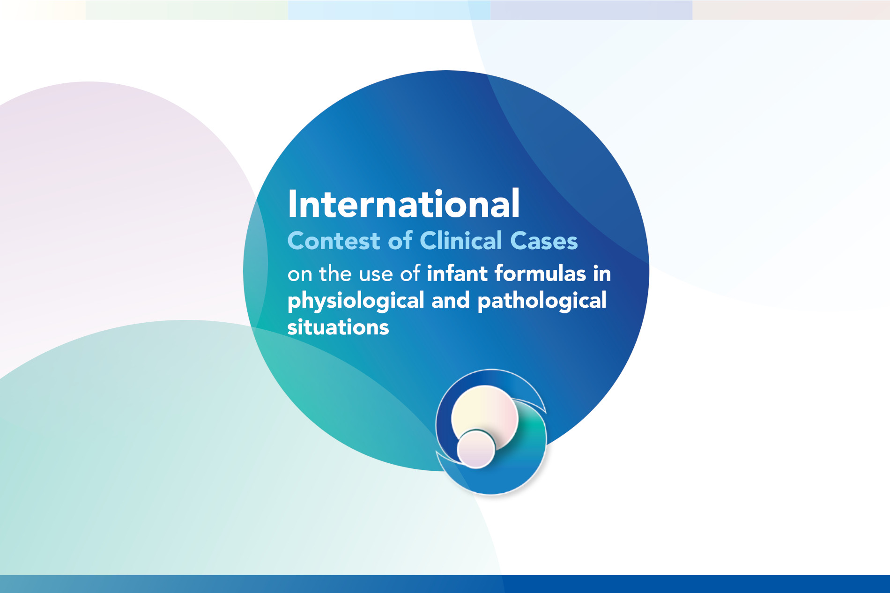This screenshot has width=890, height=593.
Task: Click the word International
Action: coord(404,204)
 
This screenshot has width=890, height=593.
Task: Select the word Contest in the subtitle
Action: coord(334,241)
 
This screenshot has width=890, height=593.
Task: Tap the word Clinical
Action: coord(461,240)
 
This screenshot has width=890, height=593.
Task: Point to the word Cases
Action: coord(544,241)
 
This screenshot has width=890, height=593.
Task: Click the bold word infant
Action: coord(458,273)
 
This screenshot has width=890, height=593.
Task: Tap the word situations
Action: coord(338,327)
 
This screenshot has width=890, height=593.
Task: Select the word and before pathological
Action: coord(451,300)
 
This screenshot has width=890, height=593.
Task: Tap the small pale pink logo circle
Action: coord(476,449)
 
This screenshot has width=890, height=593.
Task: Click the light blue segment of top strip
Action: coord(389,10)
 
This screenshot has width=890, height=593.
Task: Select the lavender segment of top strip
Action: coord(591,10)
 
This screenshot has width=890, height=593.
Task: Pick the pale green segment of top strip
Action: coord(187,10)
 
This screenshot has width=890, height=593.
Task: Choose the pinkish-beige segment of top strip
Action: coord(791,10)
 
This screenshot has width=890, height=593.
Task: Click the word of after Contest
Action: coord(400,240)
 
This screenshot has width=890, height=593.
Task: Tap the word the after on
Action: coord(335,274)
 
